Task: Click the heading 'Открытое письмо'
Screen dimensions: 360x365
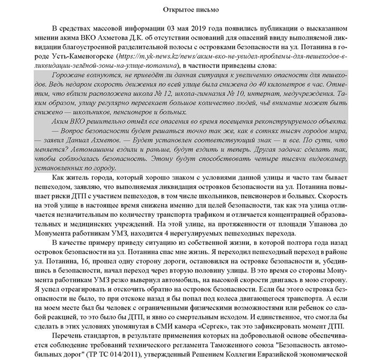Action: [x=183, y=9]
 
